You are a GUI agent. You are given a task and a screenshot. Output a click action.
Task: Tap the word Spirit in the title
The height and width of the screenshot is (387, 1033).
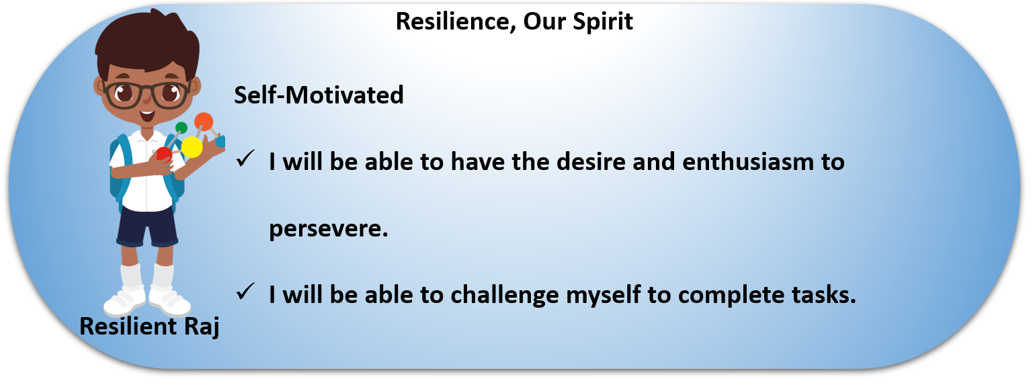(603, 22)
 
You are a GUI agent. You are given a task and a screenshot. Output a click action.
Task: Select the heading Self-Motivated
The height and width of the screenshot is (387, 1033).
(319, 95)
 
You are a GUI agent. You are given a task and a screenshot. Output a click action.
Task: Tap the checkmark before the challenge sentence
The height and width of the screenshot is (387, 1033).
(245, 292)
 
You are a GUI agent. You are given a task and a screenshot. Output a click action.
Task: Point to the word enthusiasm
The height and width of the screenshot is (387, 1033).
(748, 162)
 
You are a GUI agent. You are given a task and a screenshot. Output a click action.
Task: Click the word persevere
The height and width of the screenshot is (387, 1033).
(329, 229)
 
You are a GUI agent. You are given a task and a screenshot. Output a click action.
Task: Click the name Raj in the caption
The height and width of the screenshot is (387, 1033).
(201, 327)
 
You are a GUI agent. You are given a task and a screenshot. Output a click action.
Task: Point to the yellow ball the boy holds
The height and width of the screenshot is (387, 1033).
(192, 147)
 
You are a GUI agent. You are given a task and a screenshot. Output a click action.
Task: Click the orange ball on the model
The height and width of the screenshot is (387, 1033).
(204, 122)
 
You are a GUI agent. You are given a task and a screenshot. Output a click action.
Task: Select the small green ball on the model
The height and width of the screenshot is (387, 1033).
(181, 128)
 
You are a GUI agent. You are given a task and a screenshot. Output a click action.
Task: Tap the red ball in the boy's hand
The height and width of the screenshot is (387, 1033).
(164, 154)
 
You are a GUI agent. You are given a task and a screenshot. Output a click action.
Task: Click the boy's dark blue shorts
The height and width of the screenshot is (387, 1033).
(147, 226)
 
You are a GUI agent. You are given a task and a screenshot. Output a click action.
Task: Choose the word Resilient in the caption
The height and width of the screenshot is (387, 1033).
(128, 327)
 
